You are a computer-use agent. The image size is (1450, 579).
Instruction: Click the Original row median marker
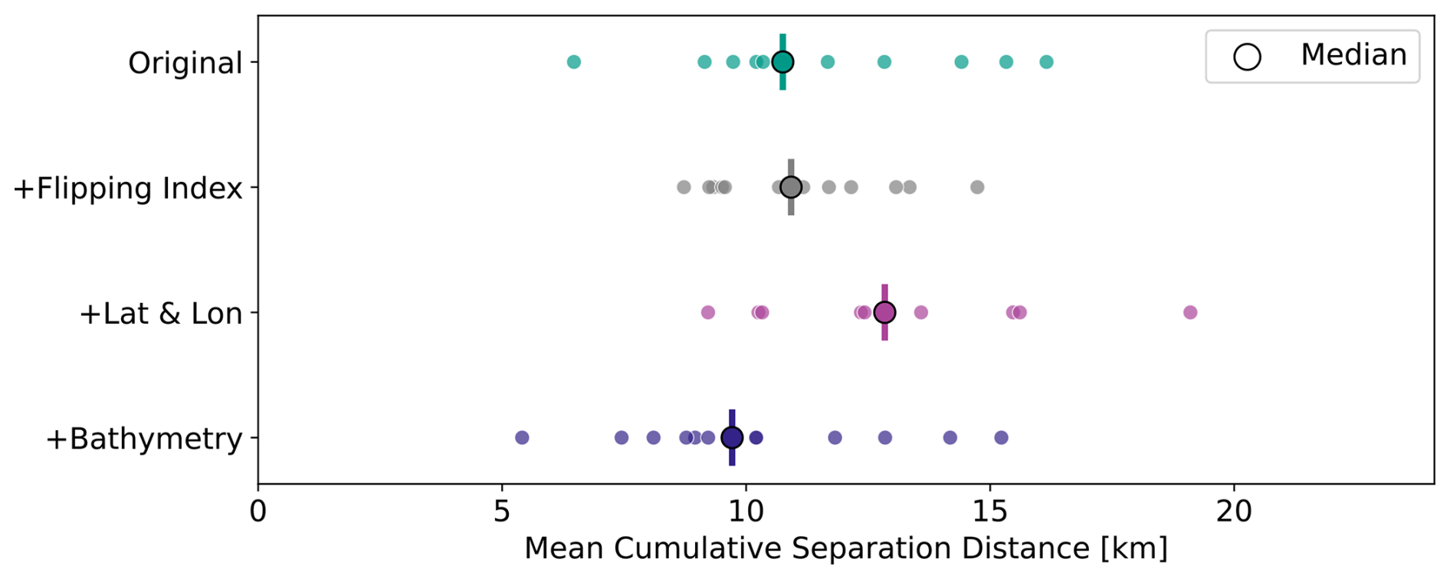pyautogui.click(x=782, y=62)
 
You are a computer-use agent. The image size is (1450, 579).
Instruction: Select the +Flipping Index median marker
pyautogui.click(x=791, y=187)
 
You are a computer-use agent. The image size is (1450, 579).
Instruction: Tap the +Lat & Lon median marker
pyautogui.click(x=884, y=312)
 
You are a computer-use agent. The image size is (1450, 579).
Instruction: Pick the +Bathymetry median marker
pyautogui.click(x=732, y=438)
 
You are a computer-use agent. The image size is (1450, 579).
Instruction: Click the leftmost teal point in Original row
pyautogui.click(x=573, y=62)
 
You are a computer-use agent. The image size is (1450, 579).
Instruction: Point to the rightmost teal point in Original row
pyautogui.click(x=1046, y=62)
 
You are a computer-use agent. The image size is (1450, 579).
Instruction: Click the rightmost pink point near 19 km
pyautogui.click(x=1189, y=312)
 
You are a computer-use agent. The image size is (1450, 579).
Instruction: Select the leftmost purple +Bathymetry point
pyautogui.click(x=522, y=438)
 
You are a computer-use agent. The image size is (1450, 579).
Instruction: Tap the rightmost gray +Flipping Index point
pyautogui.click(x=977, y=187)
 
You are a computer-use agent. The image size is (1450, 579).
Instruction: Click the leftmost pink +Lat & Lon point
pyautogui.click(x=708, y=312)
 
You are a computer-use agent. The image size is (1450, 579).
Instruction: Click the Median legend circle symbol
pyautogui.click(x=1247, y=57)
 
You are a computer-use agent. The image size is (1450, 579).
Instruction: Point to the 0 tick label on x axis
pyautogui.click(x=258, y=512)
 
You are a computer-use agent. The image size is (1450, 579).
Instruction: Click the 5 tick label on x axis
pyautogui.click(x=502, y=512)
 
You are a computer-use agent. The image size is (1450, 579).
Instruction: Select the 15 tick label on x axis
pyautogui.click(x=990, y=512)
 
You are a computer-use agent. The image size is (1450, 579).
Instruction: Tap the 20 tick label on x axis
pyautogui.click(x=1234, y=512)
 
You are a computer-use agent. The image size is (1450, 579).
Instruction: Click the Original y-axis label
pyautogui.click(x=185, y=63)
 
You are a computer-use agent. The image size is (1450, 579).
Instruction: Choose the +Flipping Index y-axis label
pyautogui.click(x=128, y=188)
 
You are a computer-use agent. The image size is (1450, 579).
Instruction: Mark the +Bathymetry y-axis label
pyautogui.click(x=144, y=439)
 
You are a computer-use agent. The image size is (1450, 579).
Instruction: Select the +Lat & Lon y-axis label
pyautogui.click(x=161, y=314)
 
